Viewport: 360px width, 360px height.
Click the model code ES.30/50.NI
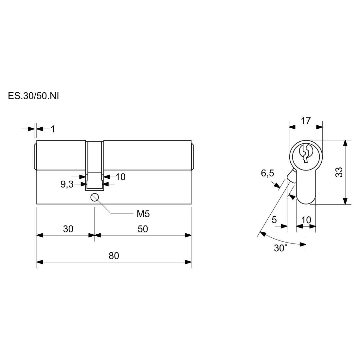[x=33, y=96]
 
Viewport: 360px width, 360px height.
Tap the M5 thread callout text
[x=143, y=214]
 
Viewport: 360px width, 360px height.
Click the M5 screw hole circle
[x=95, y=197]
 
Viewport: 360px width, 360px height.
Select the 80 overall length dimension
[x=114, y=256]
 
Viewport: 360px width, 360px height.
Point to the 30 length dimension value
[x=68, y=229]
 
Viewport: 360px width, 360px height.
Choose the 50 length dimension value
[x=143, y=229]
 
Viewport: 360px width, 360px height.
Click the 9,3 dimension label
[x=67, y=184]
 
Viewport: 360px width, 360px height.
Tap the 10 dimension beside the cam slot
[x=120, y=177]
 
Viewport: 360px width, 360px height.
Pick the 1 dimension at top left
[x=53, y=129]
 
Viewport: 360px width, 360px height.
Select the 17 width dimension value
[x=306, y=121]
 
